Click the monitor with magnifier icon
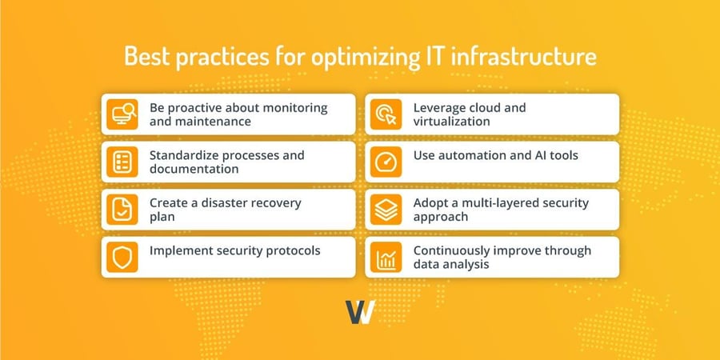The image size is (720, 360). click(123, 114)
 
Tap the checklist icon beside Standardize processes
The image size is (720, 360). click(123, 162)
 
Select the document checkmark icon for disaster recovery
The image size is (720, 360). click(123, 210)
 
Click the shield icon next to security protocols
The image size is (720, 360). click(123, 257)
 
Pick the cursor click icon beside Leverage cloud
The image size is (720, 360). click(386, 114)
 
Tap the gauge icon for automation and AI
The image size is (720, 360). click(386, 162)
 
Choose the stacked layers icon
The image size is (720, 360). click(386, 210)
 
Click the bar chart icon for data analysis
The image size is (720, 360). click(386, 257)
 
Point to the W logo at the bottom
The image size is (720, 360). click(360, 312)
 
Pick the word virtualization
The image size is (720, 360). click(453, 122)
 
